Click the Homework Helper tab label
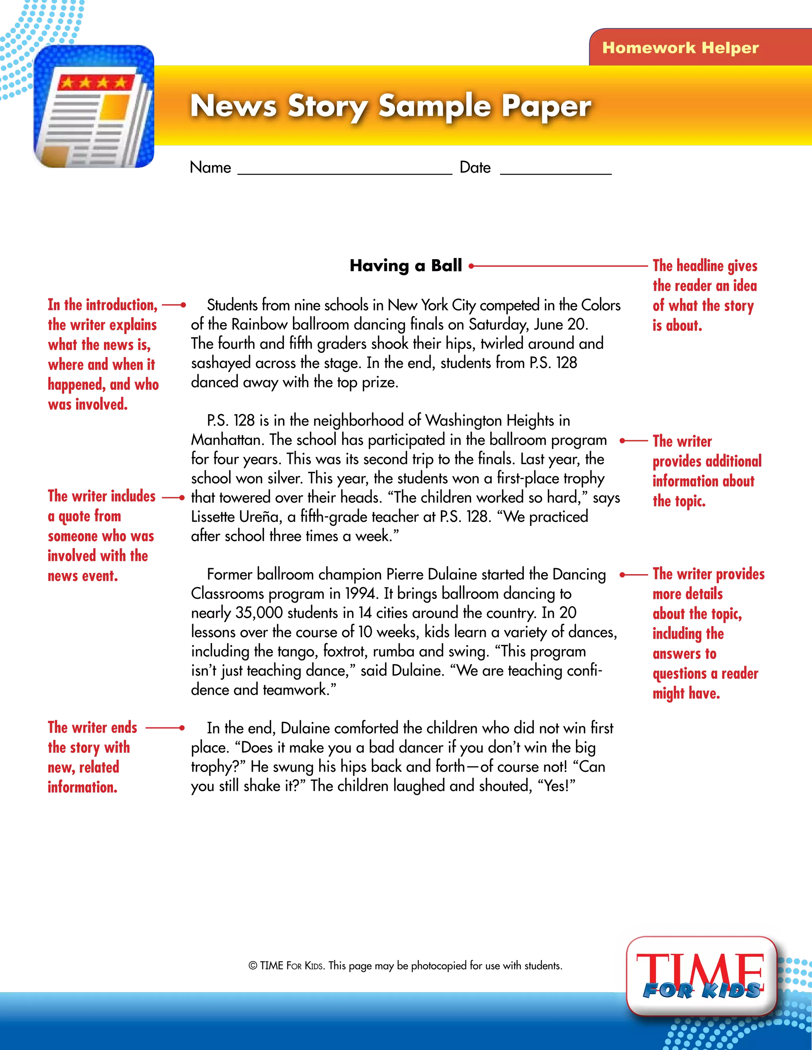pos(680,48)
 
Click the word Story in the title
pos(327,106)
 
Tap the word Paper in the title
pos(546,106)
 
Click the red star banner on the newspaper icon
pos(94,82)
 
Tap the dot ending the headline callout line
pos(471,266)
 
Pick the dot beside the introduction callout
pos(183,305)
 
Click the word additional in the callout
pos(733,461)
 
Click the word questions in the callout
pos(679,674)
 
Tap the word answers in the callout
pos(677,654)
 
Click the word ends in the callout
pos(124,727)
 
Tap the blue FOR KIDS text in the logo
pos(701,990)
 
